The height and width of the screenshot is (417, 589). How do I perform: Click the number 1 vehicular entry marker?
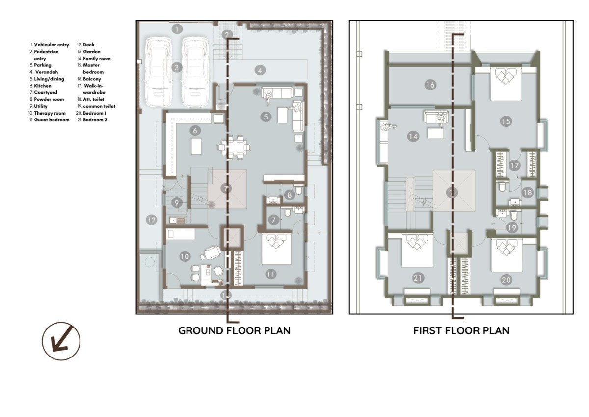pyautogui.click(x=177, y=29)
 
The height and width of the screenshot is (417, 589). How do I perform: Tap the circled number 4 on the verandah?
pyautogui.click(x=260, y=70)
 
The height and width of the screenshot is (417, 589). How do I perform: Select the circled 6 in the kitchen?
pyautogui.click(x=195, y=130)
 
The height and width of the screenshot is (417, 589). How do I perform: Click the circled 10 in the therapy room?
pyautogui.click(x=185, y=256)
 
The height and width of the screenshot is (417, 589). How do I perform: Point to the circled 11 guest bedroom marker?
pyautogui.click(x=270, y=274)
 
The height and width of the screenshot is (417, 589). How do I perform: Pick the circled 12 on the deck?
pyautogui.click(x=152, y=220)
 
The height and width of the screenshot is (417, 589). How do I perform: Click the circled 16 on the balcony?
pyautogui.click(x=430, y=85)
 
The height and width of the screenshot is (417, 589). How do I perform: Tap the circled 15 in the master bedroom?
pyautogui.click(x=506, y=121)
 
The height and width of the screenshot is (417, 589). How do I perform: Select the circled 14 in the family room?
pyautogui.click(x=413, y=136)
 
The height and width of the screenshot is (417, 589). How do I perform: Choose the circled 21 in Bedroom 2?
pyautogui.click(x=418, y=278)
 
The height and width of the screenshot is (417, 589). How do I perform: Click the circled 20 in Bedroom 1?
pyautogui.click(x=506, y=280)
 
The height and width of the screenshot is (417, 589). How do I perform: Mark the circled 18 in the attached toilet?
pyautogui.click(x=527, y=193)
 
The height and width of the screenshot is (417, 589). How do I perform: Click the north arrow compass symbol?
pyautogui.click(x=61, y=341)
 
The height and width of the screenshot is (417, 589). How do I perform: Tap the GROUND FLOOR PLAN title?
pyautogui.click(x=234, y=330)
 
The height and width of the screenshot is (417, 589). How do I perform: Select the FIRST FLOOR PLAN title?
pyautogui.click(x=461, y=330)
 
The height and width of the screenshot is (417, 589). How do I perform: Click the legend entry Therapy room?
pyautogui.click(x=50, y=113)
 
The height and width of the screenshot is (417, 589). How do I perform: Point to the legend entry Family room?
pyautogui.click(x=97, y=58)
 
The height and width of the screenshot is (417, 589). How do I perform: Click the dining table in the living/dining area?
pyautogui.click(x=234, y=147)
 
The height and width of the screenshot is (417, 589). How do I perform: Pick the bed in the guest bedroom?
pyautogui.click(x=276, y=249)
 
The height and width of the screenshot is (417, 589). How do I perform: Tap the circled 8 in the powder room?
pyautogui.click(x=289, y=195)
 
